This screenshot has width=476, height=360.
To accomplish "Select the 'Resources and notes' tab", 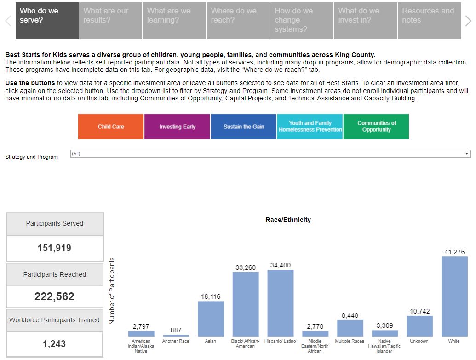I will (429, 21).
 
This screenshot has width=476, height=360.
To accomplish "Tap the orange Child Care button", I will (111, 127).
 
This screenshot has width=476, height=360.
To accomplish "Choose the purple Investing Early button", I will (177, 127).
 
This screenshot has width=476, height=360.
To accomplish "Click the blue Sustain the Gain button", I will (244, 127).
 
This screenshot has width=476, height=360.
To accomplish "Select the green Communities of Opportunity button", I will (376, 127).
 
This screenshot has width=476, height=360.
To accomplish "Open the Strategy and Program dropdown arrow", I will (467, 154).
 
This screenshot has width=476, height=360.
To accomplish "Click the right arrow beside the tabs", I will (468, 21).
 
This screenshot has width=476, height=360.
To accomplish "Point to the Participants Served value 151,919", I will (54, 248).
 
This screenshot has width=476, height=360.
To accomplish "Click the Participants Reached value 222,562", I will (54, 296).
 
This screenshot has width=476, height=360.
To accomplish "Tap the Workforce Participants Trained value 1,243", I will (54, 344).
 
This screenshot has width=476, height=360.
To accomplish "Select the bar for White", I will (454, 296).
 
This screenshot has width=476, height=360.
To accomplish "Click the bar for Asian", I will (211, 319).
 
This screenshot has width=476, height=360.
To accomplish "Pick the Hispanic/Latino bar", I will (280, 303).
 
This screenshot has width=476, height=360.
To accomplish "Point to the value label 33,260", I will (245, 267).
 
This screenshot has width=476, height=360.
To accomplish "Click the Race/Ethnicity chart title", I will (288, 220).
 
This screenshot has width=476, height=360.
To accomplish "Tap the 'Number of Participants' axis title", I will (112, 291).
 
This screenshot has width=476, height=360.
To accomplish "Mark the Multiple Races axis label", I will (350, 341).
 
